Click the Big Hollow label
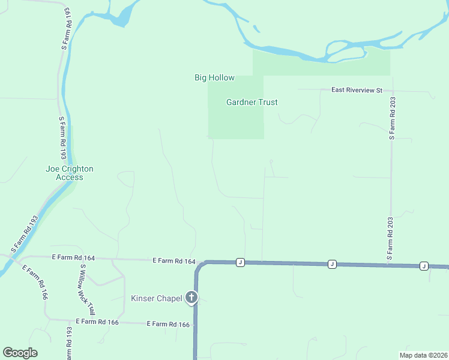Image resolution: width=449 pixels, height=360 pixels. (x=214, y=78)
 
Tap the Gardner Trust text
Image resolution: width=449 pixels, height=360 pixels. (x=252, y=103)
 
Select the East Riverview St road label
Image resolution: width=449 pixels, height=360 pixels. (x=357, y=90)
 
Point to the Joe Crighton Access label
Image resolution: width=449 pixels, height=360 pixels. (x=70, y=173)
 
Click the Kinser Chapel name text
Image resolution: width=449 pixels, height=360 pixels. (x=156, y=298)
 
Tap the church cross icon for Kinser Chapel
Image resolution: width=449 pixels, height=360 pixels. (x=191, y=297)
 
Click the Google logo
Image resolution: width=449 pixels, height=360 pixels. (x=20, y=353)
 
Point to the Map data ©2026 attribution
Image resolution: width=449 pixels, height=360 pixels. (x=423, y=355)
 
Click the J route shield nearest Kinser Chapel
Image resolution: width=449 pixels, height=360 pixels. (x=240, y=262)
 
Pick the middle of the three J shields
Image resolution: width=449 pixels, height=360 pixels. (x=331, y=264)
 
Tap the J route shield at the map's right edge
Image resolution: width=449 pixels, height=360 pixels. (x=423, y=266)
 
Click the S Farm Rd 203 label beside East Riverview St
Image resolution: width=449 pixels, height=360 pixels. (x=391, y=117)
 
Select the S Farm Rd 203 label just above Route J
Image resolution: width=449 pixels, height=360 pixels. (x=390, y=241)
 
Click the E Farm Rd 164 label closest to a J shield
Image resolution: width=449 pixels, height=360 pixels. (x=174, y=261)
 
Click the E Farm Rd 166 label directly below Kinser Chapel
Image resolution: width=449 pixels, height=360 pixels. (x=169, y=325)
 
